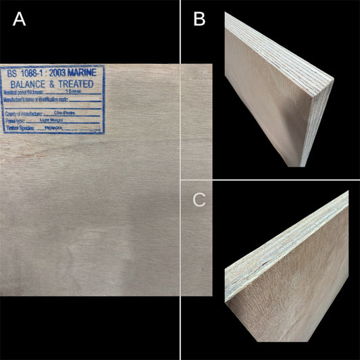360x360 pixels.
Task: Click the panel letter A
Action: tap(19, 20)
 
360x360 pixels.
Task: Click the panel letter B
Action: tap(199, 20)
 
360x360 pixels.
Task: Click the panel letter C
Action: tap(199, 200)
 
